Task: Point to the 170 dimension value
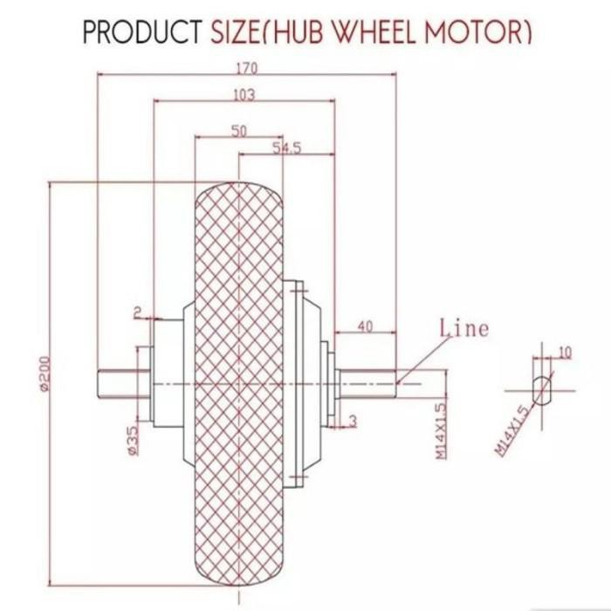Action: pos(246,68)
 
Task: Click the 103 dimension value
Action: pos(244,95)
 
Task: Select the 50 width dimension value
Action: pos(238,130)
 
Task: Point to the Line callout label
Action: pos(463,329)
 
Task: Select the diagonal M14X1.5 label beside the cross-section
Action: pos(511,430)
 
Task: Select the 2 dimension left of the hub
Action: pos(137,311)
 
